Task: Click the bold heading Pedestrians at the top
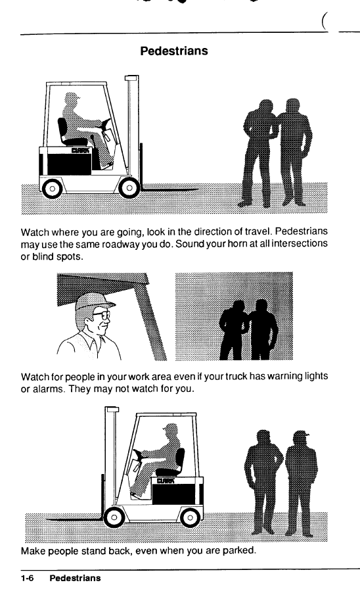[174, 51]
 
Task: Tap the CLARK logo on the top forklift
[80, 151]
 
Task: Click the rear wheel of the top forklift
[52, 188]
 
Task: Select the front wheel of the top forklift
[129, 187]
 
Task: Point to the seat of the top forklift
[70, 133]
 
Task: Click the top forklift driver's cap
[73, 97]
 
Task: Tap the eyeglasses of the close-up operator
[102, 315]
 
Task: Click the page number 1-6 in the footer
[27, 578]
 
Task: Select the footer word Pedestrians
[75, 578]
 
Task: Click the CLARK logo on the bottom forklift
[166, 481]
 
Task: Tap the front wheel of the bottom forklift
[114, 517]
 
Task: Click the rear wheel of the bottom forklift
[190, 517]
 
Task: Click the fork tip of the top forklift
[198, 189]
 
